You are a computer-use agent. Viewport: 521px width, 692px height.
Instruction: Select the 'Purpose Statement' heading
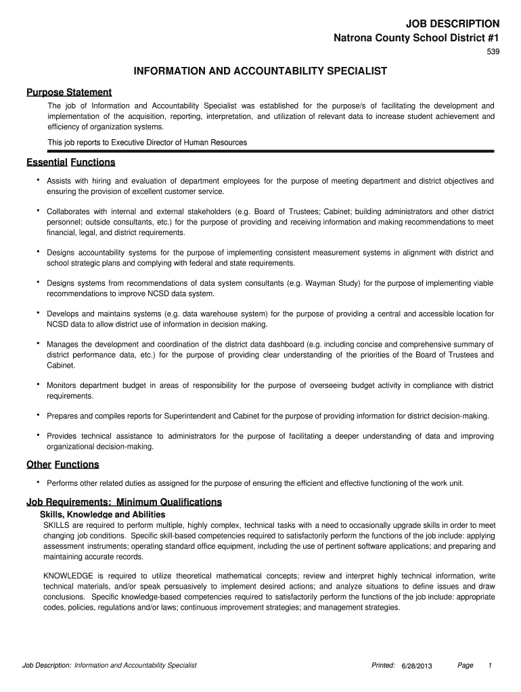pos(69,92)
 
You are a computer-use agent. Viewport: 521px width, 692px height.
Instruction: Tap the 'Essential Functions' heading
pos(71,162)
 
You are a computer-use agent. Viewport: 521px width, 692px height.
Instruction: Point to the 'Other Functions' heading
pos(63,464)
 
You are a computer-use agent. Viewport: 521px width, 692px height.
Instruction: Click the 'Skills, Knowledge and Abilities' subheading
pos(102,514)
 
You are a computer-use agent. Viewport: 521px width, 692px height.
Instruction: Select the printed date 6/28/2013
pos(416,666)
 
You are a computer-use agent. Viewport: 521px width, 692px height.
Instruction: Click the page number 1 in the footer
pos(490,666)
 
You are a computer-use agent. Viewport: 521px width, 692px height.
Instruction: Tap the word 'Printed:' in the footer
pos(384,666)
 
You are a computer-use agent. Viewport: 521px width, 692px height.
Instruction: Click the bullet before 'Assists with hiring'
pos(38,179)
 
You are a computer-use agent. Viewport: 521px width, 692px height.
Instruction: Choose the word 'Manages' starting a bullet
pos(62,344)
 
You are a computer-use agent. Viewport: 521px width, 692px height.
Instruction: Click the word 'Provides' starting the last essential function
pos(62,436)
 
